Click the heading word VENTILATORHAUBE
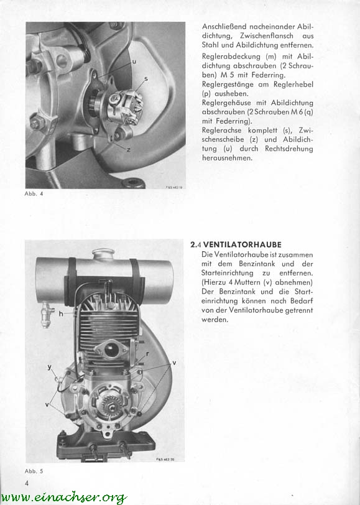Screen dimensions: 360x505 click(x=242, y=245)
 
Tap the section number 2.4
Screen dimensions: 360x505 click(x=196, y=245)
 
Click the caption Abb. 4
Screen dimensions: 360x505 click(x=34, y=194)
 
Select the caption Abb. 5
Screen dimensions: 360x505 click(x=34, y=471)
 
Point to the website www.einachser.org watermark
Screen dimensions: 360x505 click(x=64, y=498)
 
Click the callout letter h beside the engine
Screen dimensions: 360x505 click(x=61, y=313)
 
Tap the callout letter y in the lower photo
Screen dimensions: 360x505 click(x=50, y=367)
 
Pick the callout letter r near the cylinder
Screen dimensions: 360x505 click(x=147, y=354)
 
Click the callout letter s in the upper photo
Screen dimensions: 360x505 click(x=146, y=78)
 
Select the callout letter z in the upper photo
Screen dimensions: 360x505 click(x=129, y=149)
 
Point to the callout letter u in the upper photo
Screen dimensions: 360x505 click(x=134, y=61)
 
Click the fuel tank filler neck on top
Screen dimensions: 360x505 click(x=103, y=254)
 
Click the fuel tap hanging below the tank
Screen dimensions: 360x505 click(x=46, y=315)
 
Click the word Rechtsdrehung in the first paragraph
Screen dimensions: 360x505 click(x=289, y=149)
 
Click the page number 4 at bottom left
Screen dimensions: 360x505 click(x=27, y=483)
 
